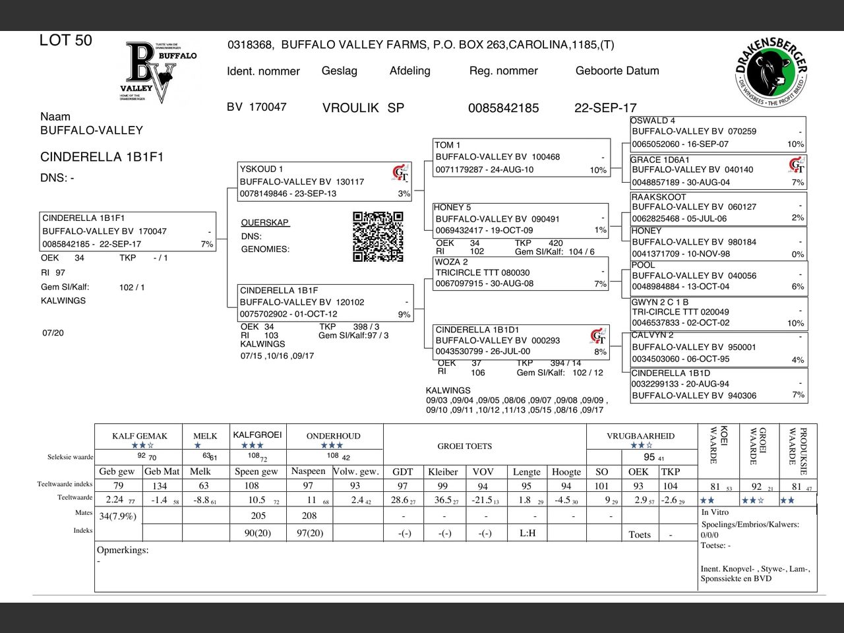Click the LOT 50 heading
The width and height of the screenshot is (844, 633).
point(66,40)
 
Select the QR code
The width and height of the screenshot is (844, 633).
point(378,236)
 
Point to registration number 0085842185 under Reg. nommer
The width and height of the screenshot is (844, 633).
point(503,107)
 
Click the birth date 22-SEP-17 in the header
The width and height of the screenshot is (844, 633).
point(605,107)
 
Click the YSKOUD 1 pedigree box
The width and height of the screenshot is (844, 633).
point(324,181)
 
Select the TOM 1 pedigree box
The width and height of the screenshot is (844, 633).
point(521,157)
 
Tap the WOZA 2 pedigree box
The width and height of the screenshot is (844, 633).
point(521,273)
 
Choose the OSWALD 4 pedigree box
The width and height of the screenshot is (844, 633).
point(717,133)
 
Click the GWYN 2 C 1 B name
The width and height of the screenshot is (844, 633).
point(660,302)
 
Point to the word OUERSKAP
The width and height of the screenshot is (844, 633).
point(265,223)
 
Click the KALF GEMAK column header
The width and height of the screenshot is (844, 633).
point(139,436)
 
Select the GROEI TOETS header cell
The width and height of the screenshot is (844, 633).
point(464,446)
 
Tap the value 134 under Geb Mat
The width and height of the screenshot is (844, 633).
point(160,486)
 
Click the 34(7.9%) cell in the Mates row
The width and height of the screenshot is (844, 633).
point(118,516)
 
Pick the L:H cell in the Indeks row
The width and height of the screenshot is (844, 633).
point(527,533)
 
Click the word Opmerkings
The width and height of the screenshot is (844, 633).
point(123,550)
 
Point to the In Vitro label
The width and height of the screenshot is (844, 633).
point(715,512)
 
